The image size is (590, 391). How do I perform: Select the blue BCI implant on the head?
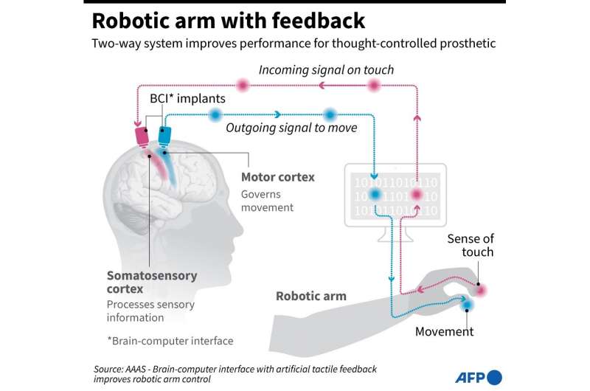coord(164,135)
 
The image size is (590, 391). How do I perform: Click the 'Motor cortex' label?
coord(278,177)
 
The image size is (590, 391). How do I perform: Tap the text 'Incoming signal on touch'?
coord(326,70)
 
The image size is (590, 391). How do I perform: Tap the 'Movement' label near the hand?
coord(444,331)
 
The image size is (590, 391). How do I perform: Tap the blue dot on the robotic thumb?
coord(465,305)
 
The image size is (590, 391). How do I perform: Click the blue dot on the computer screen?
coord(375,195)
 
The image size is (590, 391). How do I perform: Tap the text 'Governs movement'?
coord(267,201)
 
